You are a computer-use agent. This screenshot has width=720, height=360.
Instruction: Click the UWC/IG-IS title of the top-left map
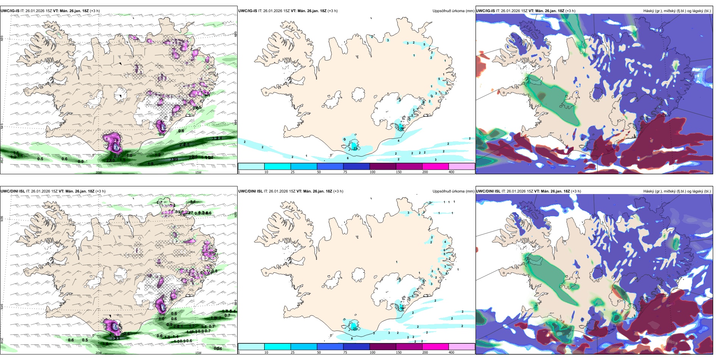coord(10,11)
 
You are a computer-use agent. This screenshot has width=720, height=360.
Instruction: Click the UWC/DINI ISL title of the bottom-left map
coord(13,191)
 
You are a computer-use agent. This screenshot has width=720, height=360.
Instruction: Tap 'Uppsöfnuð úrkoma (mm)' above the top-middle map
coord(453,11)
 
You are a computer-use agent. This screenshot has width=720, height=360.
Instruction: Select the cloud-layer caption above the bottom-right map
coord(677,191)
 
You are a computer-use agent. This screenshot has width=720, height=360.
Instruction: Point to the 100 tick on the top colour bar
coord(373,172)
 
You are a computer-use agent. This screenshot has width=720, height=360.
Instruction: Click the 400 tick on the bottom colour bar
coord(451,352)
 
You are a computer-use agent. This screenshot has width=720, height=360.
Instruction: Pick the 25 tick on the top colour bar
coord(293,172)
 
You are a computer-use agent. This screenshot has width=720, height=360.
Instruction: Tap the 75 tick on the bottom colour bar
coord(345,352)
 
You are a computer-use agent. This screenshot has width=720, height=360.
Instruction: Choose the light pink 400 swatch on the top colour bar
coord(462,166)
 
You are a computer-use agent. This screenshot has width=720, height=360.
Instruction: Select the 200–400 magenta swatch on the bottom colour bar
coord(435,347)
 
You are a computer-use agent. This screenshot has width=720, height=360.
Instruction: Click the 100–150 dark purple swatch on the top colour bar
coord(383,166)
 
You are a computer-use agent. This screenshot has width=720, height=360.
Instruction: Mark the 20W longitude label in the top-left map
coord(99,172)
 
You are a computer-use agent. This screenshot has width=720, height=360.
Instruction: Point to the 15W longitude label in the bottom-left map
coord(198,353)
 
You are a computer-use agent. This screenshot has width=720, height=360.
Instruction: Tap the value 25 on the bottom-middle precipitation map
coord(355,329)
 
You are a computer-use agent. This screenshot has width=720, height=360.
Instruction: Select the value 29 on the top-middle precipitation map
coord(355,149)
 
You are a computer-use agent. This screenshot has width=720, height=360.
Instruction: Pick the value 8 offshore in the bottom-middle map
coord(352,338)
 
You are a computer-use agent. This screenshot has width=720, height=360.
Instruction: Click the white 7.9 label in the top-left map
coord(116,147)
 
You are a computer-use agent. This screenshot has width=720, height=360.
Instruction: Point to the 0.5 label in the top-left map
coord(40,159)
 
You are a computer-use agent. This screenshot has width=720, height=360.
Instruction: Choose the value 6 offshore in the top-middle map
coord(347,158)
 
